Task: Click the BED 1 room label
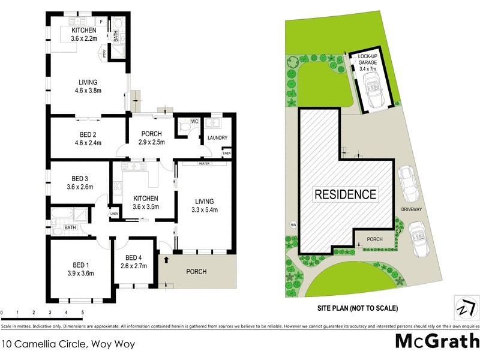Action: coord(79,265)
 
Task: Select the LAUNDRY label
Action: coord(217,138)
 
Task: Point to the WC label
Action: coord(194,121)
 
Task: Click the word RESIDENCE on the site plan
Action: coord(346,194)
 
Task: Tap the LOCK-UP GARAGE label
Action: coord(367,62)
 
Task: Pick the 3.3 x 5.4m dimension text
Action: coord(204,209)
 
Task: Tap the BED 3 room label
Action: coord(80,178)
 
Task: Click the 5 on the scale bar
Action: coord(82,313)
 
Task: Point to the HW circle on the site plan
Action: coord(293,226)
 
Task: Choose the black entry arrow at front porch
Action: coord(166,259)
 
